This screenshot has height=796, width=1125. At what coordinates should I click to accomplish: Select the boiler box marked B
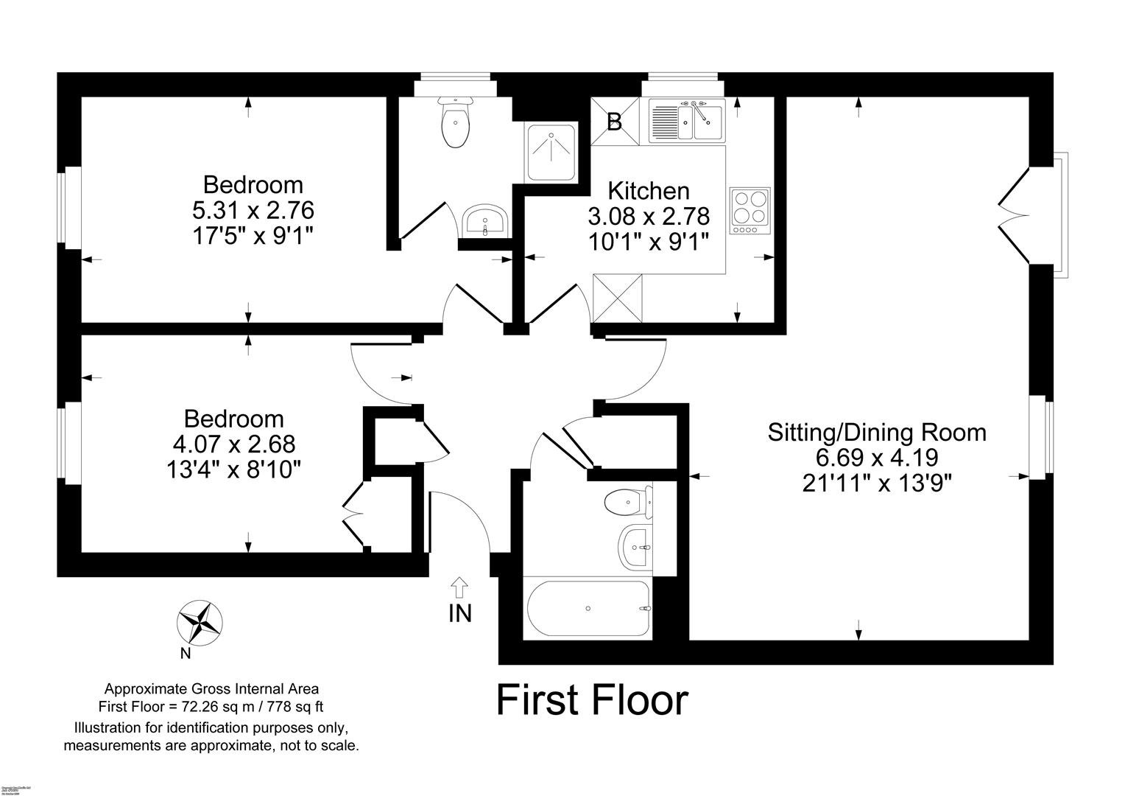click(614, 122)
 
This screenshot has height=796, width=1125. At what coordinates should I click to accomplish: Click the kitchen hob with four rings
click(750, 210)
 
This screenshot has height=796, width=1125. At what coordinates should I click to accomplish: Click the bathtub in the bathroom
click(588, 608)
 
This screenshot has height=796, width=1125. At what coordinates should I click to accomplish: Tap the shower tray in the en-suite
click(551, 151)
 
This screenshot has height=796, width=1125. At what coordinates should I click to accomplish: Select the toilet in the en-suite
click(454, 123)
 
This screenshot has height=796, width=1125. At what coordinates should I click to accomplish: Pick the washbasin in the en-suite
click(484, 221)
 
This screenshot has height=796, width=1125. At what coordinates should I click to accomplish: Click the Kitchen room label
click(649, 191)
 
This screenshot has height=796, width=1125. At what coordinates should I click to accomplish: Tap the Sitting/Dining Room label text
click(876, 432)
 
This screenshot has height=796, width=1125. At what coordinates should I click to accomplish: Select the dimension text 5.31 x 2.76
click(253, 211)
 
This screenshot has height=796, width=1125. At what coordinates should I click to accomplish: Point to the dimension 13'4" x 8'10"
click(233, 469)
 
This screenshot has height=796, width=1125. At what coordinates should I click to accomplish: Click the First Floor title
click(592, 700)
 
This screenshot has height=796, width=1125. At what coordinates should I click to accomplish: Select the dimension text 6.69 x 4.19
click(876, 458)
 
